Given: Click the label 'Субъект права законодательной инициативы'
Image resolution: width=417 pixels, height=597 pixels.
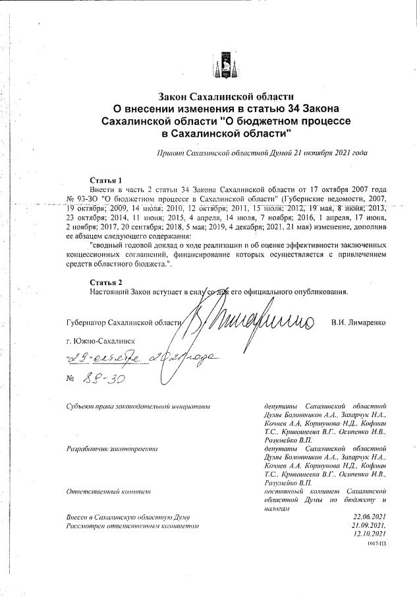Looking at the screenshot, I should click(x=138, y=406).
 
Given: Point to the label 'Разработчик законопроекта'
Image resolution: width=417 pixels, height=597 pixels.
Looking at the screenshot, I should click(x=112, y=449).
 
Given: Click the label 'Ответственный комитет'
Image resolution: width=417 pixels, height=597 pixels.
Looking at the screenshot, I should click(x=109, y=491).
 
